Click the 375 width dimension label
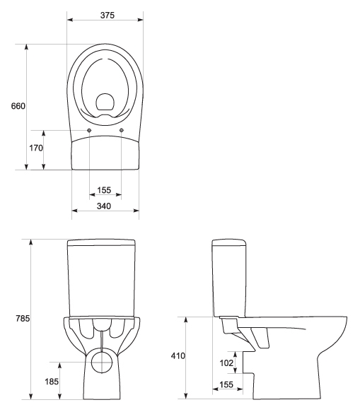[x=108, y=16]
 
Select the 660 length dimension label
[x=18, y=106]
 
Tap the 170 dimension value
[x=36, y=148]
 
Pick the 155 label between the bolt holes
[x=104, y=190]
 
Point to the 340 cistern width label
[x=104, y=206]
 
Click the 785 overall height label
[x=23, y=319]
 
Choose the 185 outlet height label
[x=52, y=382]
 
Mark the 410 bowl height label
[x=178, y=356]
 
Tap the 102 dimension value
[x=226, y=363]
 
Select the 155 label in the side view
[x=226, y=384]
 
